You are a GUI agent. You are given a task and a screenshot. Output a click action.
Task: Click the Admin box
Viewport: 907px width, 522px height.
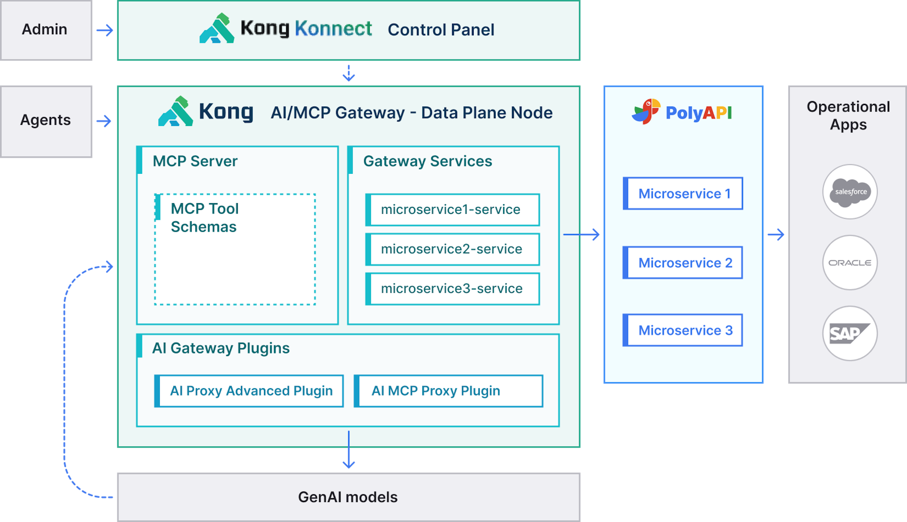46,30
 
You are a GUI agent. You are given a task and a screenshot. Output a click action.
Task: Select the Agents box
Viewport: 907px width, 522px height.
46,121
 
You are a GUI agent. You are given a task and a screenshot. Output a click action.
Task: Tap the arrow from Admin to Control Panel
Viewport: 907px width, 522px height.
105,30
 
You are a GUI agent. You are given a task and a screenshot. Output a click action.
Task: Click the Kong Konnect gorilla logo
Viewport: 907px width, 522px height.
217,28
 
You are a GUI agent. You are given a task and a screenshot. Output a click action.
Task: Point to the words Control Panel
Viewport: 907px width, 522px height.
441,30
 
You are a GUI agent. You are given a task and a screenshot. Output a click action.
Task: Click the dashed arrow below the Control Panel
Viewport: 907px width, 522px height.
349,73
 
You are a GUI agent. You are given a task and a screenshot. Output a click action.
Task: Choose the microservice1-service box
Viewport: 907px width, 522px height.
452,210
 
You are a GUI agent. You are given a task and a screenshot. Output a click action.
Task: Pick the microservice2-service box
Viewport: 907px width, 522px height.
452,249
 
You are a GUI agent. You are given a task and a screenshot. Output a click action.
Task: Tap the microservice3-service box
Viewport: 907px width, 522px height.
452,289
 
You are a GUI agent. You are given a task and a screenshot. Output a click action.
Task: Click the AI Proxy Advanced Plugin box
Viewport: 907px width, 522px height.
249,391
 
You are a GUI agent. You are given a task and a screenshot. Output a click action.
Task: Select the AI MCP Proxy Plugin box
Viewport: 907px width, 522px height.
448,391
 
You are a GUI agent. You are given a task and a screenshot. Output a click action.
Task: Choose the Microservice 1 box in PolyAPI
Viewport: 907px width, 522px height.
683,194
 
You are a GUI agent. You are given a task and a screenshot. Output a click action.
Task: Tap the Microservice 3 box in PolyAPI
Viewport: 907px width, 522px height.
683,330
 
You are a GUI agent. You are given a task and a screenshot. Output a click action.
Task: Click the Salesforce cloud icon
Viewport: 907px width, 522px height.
850,192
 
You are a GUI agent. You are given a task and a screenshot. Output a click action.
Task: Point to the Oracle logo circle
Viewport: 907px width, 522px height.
850,263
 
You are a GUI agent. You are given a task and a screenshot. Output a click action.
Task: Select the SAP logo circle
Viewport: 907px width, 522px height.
850,333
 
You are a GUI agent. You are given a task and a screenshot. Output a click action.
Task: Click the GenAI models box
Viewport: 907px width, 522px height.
349,497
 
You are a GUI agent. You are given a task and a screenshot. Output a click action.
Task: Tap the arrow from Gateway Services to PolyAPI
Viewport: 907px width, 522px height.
581,235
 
